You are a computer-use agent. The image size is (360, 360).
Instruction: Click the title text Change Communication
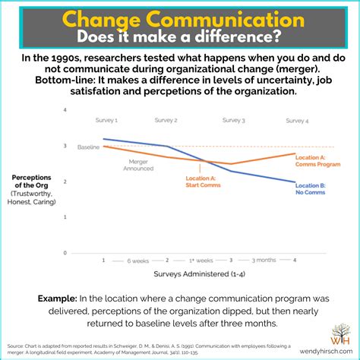(x=179, y=18)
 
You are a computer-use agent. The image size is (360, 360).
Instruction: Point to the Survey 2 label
(x=166, y=120)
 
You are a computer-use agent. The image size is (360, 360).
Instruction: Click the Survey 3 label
(x=233, y=120)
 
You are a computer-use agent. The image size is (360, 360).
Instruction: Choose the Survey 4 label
(x=297, y=120)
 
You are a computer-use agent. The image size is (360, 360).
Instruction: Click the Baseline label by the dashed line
(x=88, y=147)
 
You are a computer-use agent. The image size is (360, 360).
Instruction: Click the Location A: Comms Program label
(x=311, y=160)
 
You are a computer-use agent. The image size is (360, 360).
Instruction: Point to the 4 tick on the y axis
(x=86, y=111)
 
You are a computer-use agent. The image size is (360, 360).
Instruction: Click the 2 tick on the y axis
(x=86, y=182)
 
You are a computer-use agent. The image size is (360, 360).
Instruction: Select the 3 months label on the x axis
(x=264, y=261)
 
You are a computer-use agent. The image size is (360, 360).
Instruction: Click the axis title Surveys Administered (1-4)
(x=199, y=274)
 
